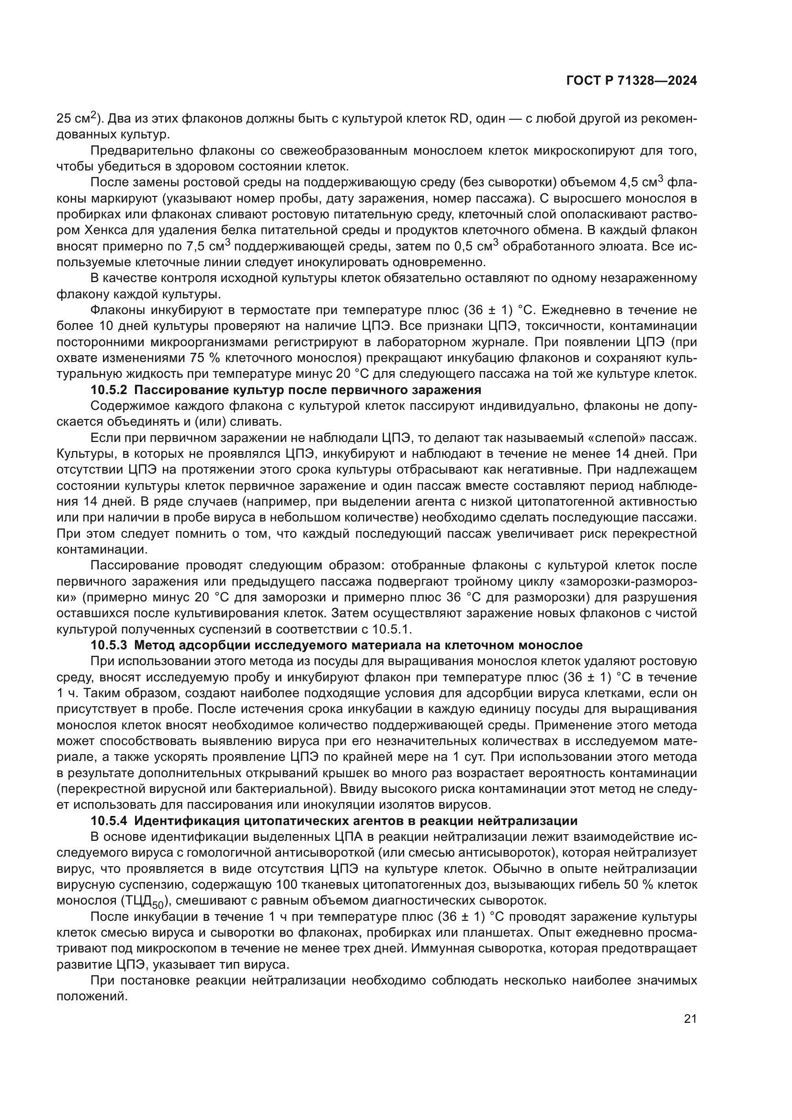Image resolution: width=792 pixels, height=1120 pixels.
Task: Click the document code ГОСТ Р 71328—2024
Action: point(631,81)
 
